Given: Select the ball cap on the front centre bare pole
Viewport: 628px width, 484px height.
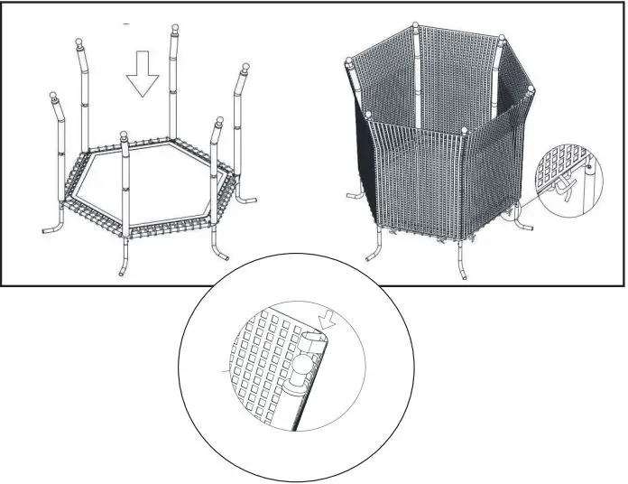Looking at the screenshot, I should [x=125, y=137].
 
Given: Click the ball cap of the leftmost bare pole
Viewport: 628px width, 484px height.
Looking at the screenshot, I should [x=54, y=96].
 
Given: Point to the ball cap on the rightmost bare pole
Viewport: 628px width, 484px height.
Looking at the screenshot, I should [x=243, y=70].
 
